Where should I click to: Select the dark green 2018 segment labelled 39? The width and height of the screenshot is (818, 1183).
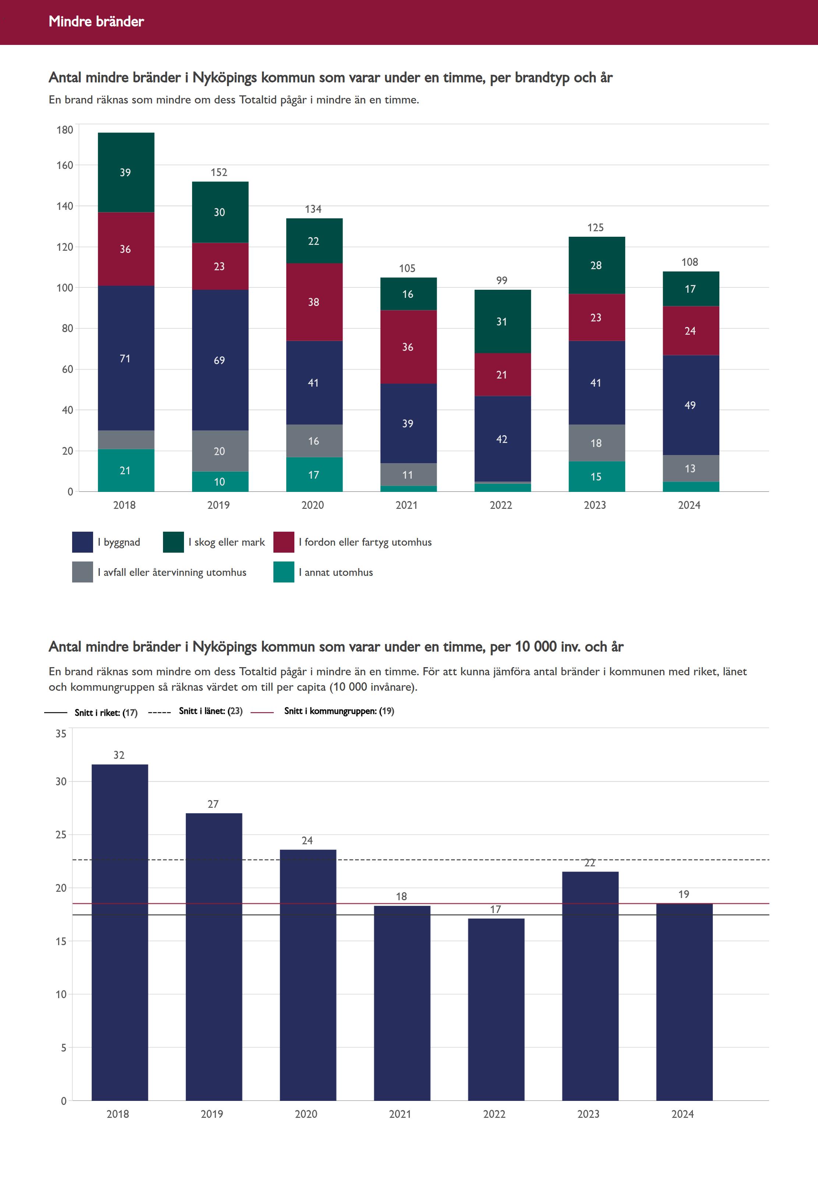(125, 172)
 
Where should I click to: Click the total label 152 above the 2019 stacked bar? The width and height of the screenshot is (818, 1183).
(219, 172)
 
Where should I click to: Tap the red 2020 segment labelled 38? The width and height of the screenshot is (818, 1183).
(314, 302)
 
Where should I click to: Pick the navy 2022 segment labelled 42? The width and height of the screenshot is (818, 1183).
(502, 439)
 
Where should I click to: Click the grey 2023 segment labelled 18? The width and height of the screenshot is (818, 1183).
(596, 443)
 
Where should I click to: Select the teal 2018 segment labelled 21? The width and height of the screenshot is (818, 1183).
(125, 470)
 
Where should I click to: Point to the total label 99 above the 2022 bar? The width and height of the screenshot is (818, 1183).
(502, 281)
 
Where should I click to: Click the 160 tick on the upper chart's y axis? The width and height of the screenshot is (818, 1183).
(65, 165)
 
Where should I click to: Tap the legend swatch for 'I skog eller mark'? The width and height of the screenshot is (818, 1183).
(173, 542)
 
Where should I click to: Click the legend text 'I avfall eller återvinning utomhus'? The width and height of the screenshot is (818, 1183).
(172, 572)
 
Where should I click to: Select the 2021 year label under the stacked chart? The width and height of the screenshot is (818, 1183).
(407, 505)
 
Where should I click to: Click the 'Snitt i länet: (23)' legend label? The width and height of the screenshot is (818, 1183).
(210, 711)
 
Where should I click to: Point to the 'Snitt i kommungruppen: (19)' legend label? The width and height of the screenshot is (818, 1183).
(339, 711)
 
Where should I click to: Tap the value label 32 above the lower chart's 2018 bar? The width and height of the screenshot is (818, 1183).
(119, 755)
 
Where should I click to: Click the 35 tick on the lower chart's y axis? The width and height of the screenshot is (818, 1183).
(61, 734)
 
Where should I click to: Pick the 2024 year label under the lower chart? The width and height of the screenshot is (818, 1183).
(683, 1114)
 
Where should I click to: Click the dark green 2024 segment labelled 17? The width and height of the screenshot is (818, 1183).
(690, 289)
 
